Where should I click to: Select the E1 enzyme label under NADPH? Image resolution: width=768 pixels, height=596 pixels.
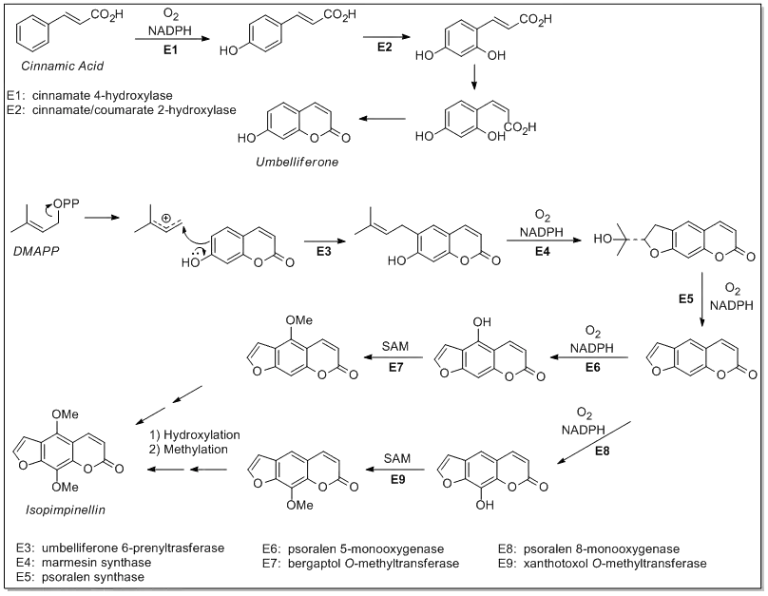[171, 50]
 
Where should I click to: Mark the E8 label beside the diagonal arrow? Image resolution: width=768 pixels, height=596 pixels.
[601, 451]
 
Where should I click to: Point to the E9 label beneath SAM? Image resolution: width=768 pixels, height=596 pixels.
[397, 478]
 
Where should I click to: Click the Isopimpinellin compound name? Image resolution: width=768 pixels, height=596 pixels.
[65, 510]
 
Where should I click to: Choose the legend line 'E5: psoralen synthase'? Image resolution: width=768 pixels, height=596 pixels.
[80, 577]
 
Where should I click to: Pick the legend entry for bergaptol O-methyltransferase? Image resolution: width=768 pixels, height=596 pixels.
[361, 564]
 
